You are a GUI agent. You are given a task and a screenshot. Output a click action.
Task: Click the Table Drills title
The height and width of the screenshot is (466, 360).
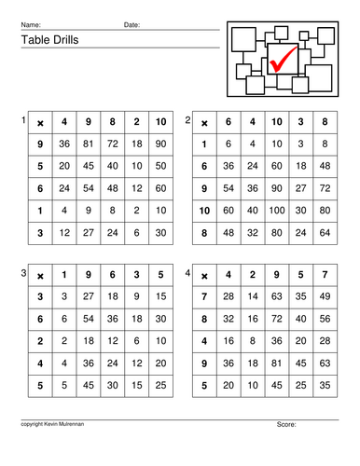46,41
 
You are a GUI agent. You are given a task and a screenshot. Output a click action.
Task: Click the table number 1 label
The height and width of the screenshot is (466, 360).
22,120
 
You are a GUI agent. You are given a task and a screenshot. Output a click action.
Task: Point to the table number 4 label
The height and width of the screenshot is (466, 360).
188,273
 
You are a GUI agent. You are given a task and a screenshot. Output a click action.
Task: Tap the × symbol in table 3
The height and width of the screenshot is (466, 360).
40,275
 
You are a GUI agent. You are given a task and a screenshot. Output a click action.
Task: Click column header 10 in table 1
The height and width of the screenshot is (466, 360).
160,122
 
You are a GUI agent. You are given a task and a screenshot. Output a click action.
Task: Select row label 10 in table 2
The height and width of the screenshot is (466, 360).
204,211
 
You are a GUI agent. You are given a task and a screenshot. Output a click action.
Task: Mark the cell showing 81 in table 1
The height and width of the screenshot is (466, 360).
89,144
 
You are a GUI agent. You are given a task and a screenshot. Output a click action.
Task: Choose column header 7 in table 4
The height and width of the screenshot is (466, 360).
325,275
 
